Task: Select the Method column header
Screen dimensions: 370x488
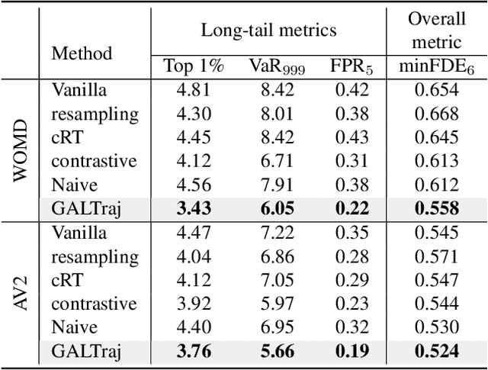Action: (x=82, y=53)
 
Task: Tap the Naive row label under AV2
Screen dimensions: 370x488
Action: (x=75, y=327)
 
